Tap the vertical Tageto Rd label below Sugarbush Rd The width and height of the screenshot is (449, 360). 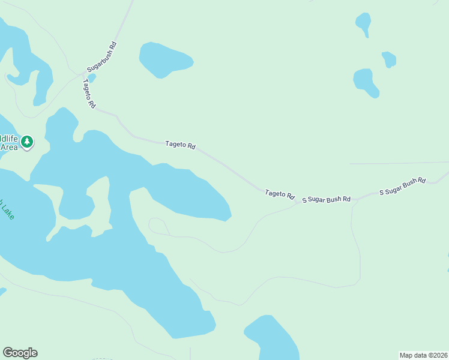(x=89, y=93)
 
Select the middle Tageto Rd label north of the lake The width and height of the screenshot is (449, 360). (x=181, y=145)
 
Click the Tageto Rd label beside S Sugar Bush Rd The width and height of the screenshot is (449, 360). (x=280, y=194)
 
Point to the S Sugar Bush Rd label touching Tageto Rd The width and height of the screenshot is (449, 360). (x=326, y=199)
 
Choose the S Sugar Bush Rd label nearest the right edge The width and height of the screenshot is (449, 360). (x=403, y=186)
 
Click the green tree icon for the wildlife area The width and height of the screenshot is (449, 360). (x=26, y=142)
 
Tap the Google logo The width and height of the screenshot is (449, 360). (x=20, y=353)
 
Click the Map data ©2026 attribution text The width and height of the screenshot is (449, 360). (x=423, y=355)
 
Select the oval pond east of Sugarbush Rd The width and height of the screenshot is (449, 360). (x=164, y=59)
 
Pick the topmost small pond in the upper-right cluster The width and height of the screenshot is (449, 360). (x=363, y=23)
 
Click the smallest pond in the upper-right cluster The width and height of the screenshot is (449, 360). (x=389, y=59)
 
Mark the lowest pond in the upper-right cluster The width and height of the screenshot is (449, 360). (x=366, y=82)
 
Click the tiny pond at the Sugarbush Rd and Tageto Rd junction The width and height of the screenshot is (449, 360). (x=91, y=77)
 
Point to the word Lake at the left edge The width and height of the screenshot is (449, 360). (x=8, y=209)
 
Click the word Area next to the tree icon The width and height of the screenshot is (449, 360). (x=8, y=146)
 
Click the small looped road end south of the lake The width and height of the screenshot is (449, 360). (x=158, y=226)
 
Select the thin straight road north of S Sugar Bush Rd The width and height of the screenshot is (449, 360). (x=396, y=163)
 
